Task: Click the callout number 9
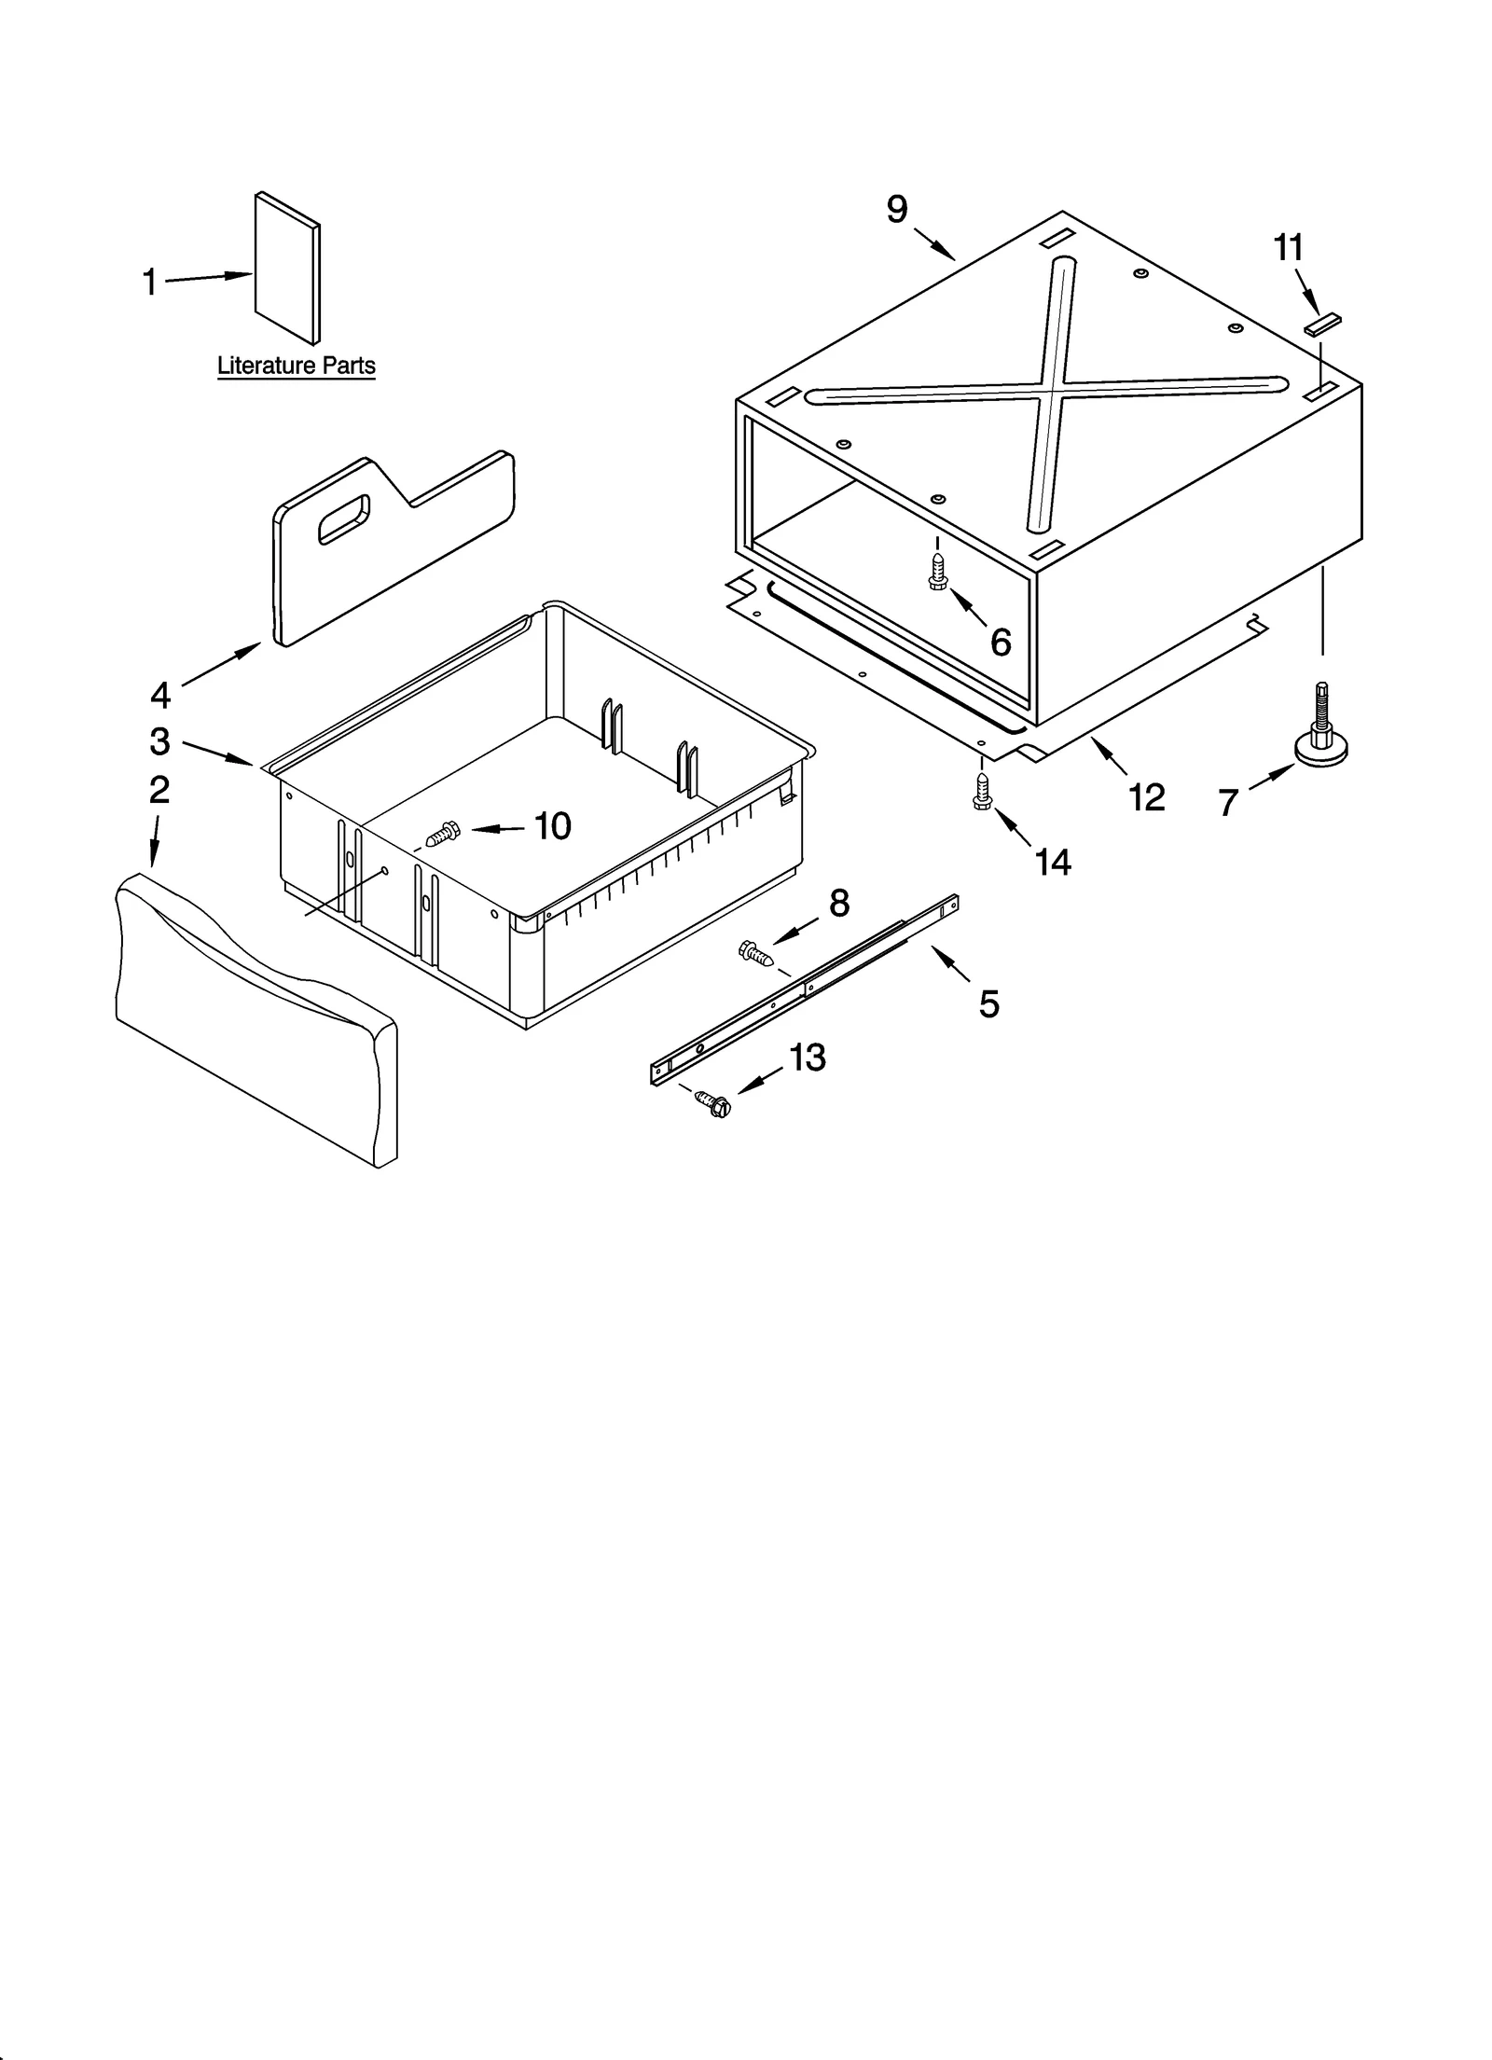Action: (896, 210)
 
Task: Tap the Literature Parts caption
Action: (296, 366)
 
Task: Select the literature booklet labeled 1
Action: (287, 268)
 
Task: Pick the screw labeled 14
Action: (981, 791)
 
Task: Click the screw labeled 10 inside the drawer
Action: (442, 833)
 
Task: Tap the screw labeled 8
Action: (756, 953)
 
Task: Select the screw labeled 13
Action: (713, 1103)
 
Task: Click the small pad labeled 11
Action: (1323, 324)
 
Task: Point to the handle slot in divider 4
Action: (343, 518)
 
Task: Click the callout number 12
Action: (1147, 797)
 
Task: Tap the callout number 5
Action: (988, 1004)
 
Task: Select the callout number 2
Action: (159, 790)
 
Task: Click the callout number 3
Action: (159, 741)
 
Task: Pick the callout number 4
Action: (160, 695)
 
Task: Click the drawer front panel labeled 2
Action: (256, 1021)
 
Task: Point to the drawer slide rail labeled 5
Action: (804, 989)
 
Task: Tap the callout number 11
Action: (1288, 248)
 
